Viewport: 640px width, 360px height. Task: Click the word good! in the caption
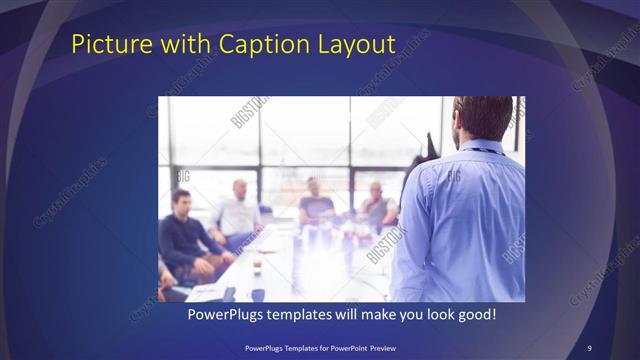point(476,314)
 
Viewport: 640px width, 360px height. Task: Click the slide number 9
point(589,347)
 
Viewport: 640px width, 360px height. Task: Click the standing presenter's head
point(483,118)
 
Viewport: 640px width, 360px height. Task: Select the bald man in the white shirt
point(237,212)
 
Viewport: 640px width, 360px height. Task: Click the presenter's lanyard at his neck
point(488,151)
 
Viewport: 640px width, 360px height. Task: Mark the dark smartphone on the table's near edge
point(229,294)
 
